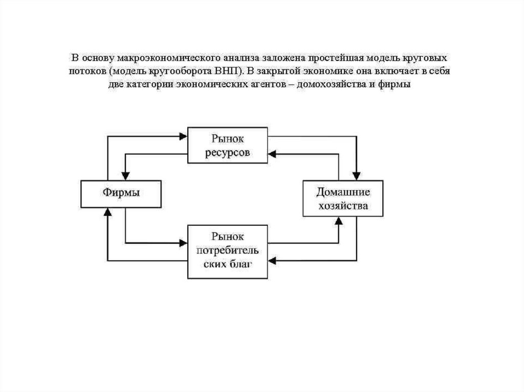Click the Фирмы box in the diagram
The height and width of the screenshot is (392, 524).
[x=121, y=194]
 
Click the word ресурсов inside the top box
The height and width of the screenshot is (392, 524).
[x=228, y=153]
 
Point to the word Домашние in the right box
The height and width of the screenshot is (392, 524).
[x=342, y=192]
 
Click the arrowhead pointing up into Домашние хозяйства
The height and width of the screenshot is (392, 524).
[x=338, y=220]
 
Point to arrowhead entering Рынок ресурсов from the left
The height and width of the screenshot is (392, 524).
[x=183, y=136]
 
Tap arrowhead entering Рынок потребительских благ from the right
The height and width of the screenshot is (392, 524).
[x=273, y=261]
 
